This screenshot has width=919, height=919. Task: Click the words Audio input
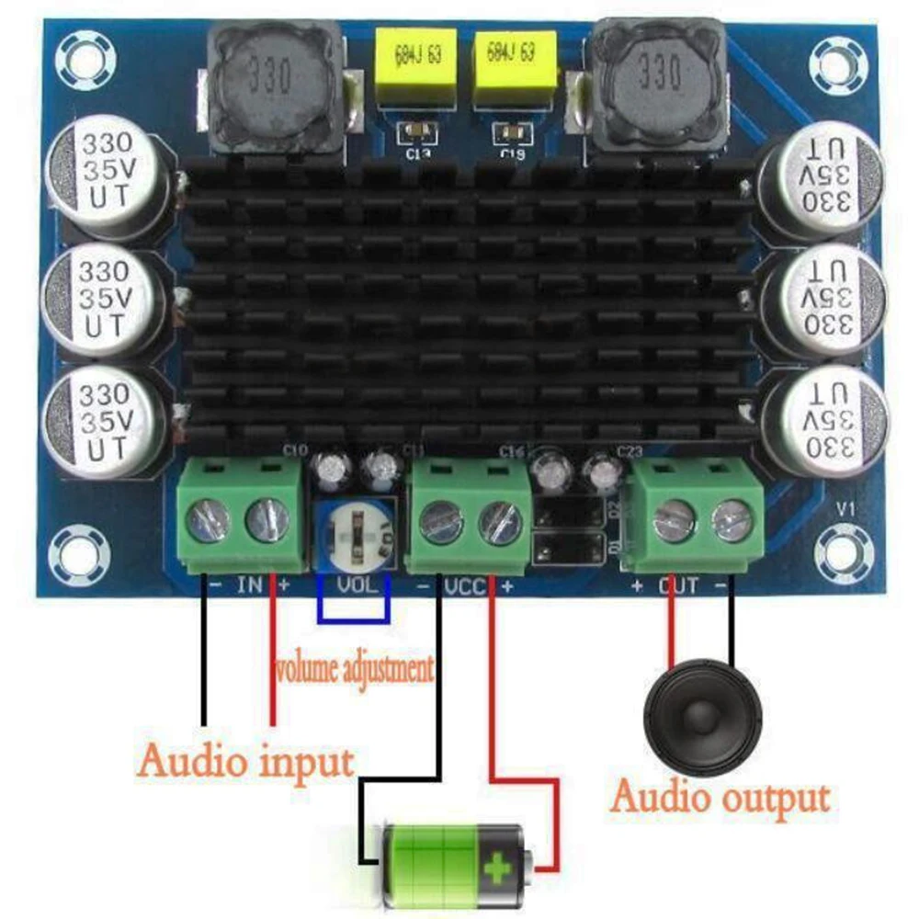(245, 761)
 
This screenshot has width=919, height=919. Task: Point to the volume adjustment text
(354, 669)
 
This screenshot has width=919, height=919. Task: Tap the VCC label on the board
(465, 586)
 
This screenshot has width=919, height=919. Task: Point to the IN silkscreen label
(250, 584)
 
